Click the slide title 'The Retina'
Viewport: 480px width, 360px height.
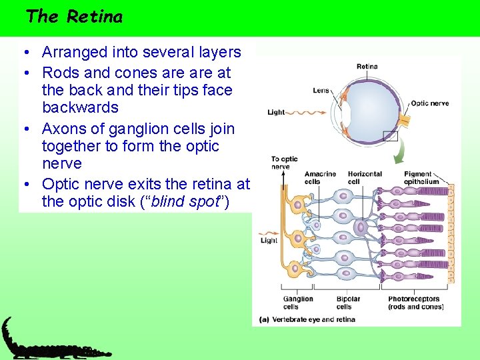74,16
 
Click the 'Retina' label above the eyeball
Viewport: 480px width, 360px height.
367,67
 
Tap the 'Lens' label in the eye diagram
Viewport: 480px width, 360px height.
321,91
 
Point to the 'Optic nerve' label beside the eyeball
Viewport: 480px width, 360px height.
429,103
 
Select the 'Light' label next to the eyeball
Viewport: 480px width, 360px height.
276,112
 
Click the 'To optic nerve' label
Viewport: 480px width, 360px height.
284,163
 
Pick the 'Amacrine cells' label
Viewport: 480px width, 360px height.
320,178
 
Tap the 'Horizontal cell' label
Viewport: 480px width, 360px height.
365,178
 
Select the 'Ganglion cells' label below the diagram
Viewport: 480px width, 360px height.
299,303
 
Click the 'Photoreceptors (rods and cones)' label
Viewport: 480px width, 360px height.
415,303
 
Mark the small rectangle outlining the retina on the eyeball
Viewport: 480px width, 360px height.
390,136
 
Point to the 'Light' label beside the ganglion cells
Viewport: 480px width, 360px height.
269,241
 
